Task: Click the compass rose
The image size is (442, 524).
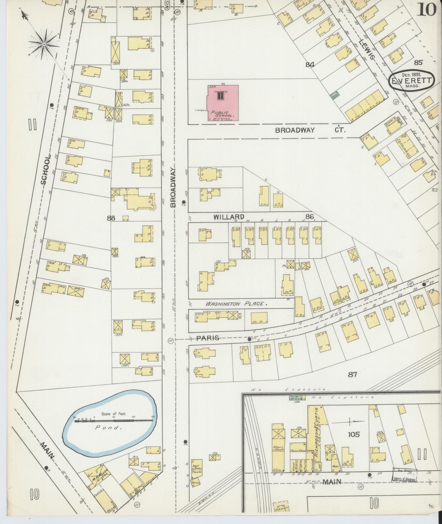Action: click(44, 44)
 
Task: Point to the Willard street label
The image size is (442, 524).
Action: click(229, 217)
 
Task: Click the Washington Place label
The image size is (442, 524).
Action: click(236, 304)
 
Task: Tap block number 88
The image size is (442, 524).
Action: click(111, 218)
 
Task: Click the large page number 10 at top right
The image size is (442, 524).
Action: click(426, 10)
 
